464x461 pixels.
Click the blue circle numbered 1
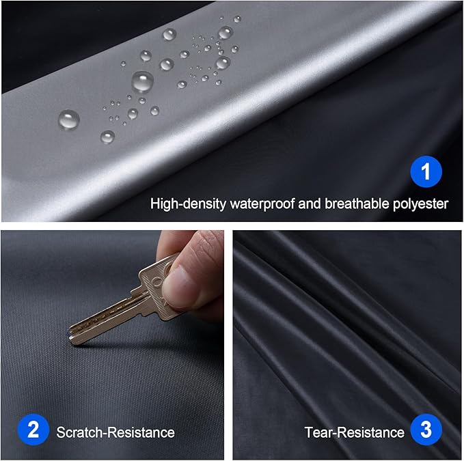pyautogui.click(x=426, y=172)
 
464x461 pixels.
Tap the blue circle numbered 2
pyautogui.click(x=33, y=431)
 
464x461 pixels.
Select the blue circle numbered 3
pyautogui.click(x=426, y=431)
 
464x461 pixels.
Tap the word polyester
pyautogui.click(x=419, y=204)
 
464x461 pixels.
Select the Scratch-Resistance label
pyautogui.click(x=115, y=432)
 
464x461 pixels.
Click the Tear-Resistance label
pyautogui.click(x=355, y=432)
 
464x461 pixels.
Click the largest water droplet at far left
pyautogui.click(x=68, y=120)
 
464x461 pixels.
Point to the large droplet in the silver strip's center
pyautogui.click(x=142, y=81)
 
